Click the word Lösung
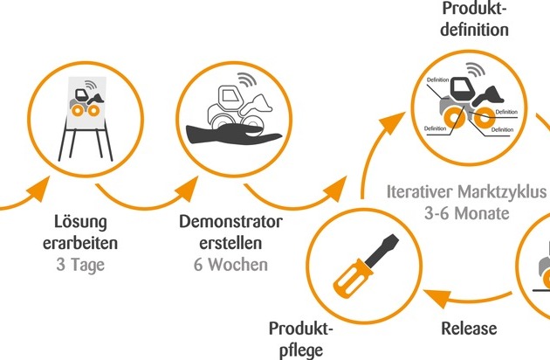tap(80, 223)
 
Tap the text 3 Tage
tap(80, 265)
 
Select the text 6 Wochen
tap(230, 265)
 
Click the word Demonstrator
tap(230, 222)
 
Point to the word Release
tap(469, 329)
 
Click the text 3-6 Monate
tap(467, 213)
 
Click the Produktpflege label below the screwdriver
tap(301, 340)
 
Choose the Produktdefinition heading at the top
tap(474, 19)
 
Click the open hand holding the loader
tap(233, 135)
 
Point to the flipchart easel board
tap(86, 102)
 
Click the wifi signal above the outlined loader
tap(247, 80)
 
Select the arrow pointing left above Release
tap(467, 298)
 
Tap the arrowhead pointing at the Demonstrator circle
tap(187, 189)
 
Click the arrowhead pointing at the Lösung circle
tap(38, 189)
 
